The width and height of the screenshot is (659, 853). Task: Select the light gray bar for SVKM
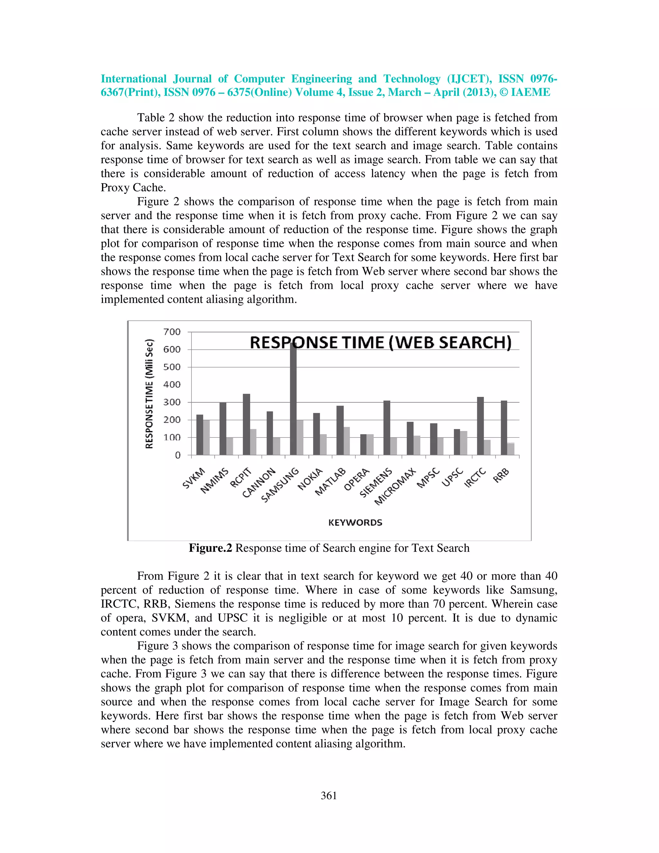pyautogui.click(x=207, y=437)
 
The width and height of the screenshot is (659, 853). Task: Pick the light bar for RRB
pyautogui.click(x=511, y=449)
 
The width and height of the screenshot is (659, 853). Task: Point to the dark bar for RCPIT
pyautogui.click(x=246, y=425)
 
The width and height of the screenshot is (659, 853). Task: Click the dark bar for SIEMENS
pyautogui.click(x=387, y=428)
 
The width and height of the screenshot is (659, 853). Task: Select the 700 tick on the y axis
pyautogui.click(x=172, y=332)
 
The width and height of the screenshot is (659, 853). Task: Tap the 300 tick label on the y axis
pyautogui.click(x=172, y=402)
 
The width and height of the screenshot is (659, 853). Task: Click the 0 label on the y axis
pyautogui.click(x=178, y=455)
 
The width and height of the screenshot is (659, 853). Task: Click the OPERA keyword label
pyautogui.click(x=357, y=480)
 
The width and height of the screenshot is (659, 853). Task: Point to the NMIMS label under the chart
pyautogui.click(x=214, y=481)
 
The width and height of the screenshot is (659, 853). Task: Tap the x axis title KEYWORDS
pyautogui.click(x=355, y=522)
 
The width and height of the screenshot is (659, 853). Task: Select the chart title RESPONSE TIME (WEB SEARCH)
pyautogui.click(x=380, y=342)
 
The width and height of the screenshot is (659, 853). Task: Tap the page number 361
pyautogui.click(x=329, y=796)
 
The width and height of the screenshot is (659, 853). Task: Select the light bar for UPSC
pyautogui.click(x=464, y=443)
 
